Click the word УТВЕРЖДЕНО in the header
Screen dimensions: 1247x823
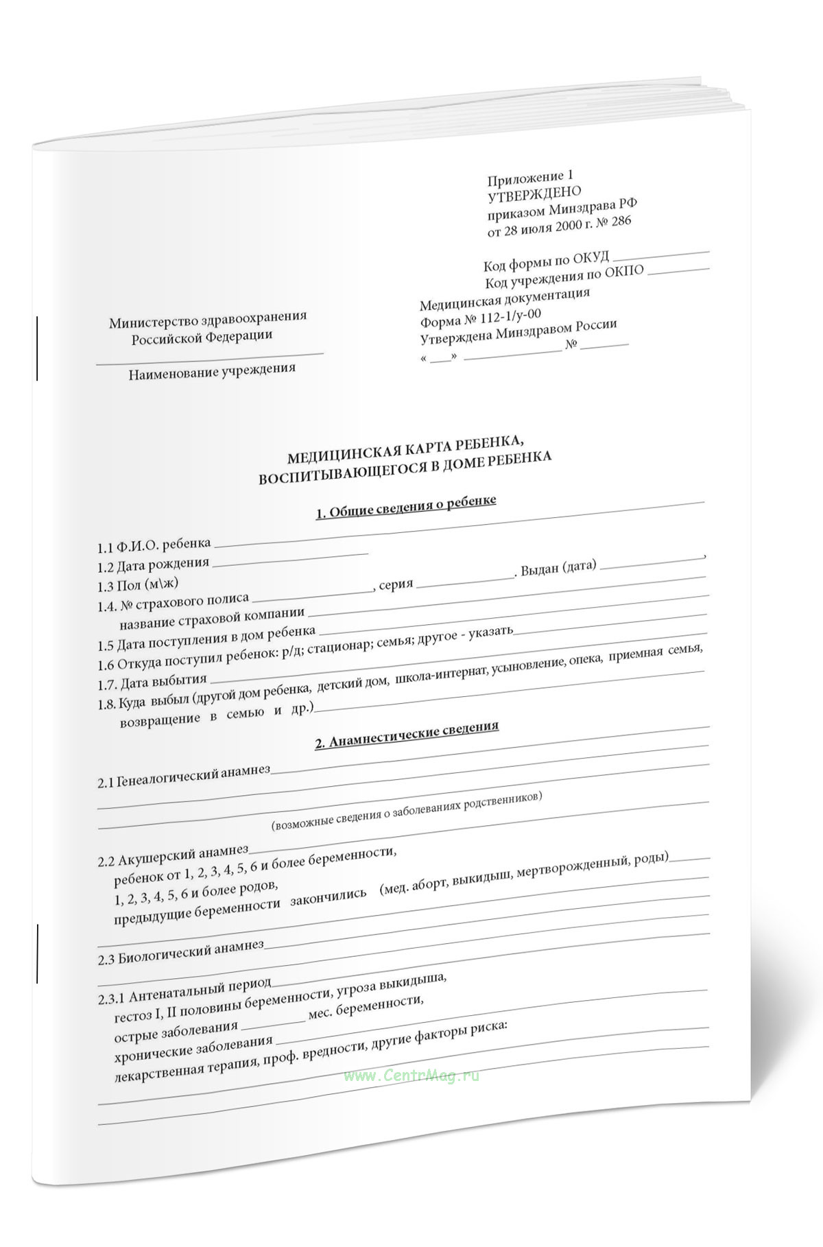click(534, 194)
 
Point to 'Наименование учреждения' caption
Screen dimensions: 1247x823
click(211, 371)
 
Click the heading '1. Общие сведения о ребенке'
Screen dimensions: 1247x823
click(405, 507)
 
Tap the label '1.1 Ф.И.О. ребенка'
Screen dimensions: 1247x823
click(154, 545)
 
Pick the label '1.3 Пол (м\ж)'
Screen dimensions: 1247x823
click(138, 585)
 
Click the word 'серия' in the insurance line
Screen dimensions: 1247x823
click(396, 585)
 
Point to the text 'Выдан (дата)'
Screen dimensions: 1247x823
click(558, 568)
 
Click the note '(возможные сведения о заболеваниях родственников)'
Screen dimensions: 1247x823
click(407, 811)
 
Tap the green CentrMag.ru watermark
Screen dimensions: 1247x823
click(411, 1076)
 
